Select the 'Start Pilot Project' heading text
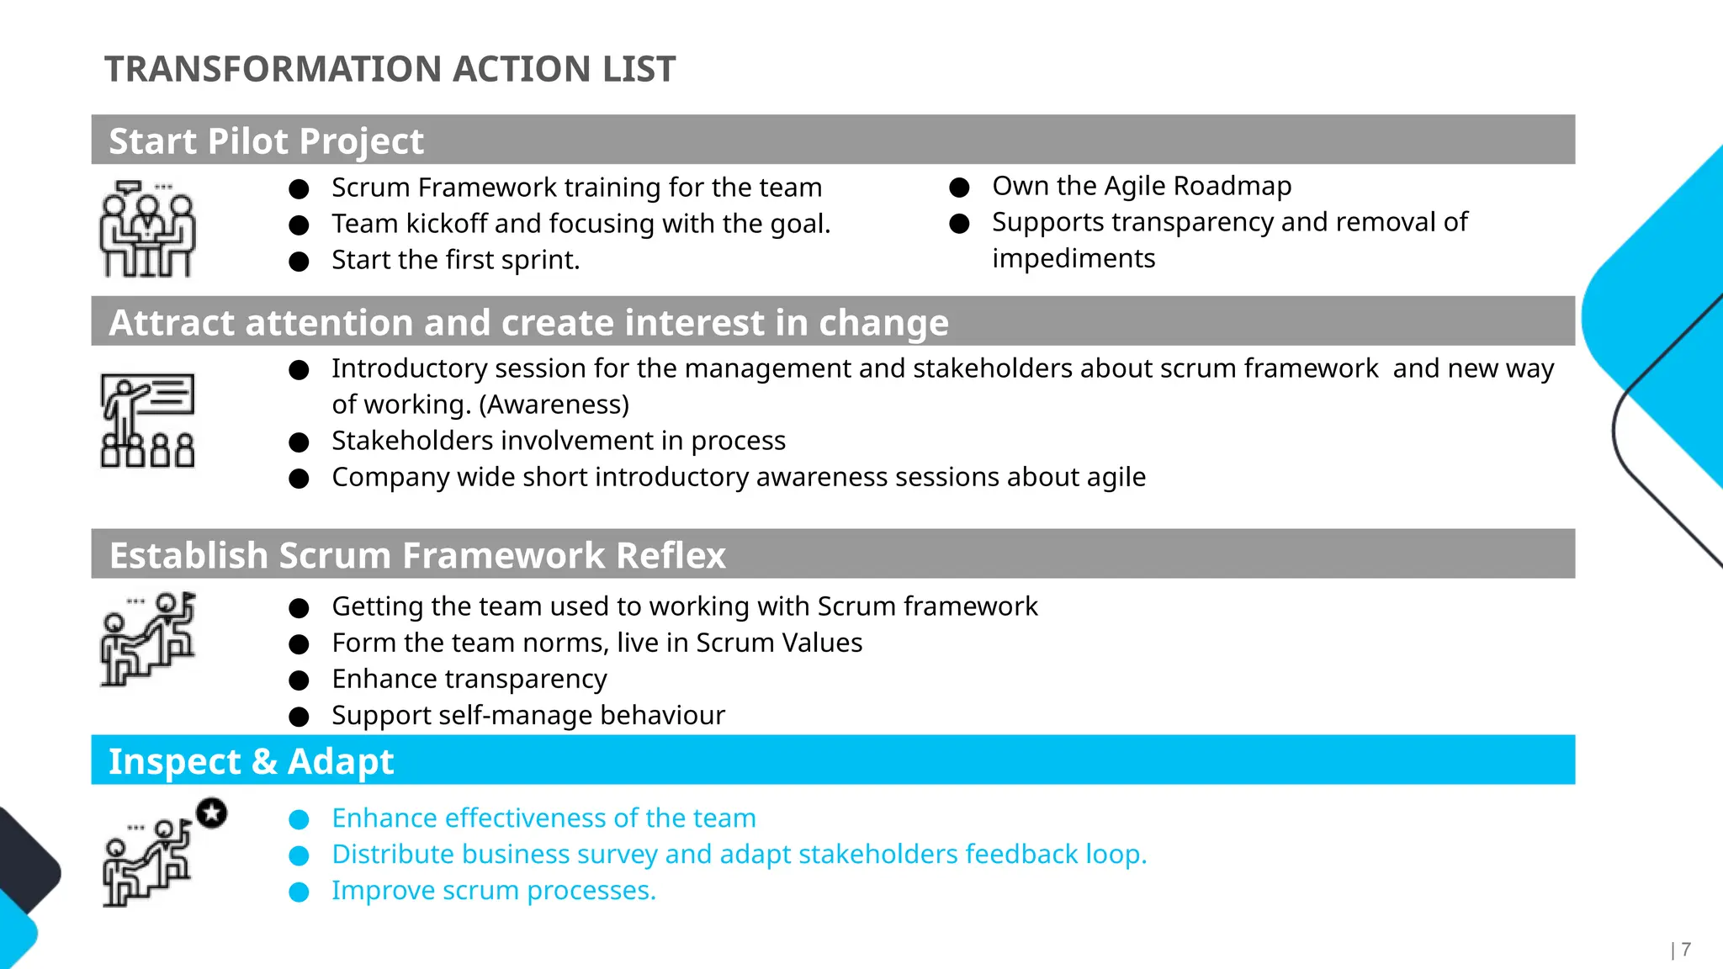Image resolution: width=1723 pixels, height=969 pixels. point(266,141)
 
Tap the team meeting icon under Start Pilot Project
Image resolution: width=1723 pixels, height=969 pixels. point(147,229)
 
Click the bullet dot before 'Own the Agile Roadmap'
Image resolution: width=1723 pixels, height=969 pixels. point(959,187)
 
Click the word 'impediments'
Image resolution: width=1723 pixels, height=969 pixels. point(1074,258)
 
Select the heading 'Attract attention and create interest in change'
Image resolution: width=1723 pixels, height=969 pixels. point(528,323)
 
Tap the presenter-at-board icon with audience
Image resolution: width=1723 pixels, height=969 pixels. point(147,420)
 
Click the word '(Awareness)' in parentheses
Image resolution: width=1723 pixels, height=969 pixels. point(554,405)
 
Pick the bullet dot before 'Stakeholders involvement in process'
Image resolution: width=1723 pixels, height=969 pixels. point(299,442)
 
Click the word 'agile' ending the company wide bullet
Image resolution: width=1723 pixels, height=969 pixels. point(1112,477)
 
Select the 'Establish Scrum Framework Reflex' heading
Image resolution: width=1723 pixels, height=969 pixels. point(417,556)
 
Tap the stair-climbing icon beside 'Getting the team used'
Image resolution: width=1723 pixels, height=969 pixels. point(147,639)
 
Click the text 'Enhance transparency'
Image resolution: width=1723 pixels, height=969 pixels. point(469,679)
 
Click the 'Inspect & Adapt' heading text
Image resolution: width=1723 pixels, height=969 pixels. point(251,762)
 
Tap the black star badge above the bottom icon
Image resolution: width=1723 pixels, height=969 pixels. point(212,813)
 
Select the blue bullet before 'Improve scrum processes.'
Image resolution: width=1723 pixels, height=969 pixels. point(299,892)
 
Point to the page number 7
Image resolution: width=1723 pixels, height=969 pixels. point(1686,950)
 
